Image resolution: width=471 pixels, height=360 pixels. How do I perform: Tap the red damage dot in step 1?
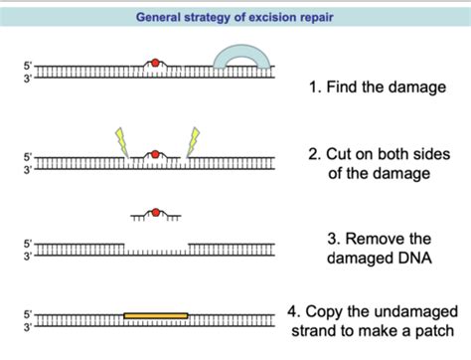154,65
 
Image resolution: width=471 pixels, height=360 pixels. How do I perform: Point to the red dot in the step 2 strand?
154,154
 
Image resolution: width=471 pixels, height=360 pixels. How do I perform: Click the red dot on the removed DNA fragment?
154,212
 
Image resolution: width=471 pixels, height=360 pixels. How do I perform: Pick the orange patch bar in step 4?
156,315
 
